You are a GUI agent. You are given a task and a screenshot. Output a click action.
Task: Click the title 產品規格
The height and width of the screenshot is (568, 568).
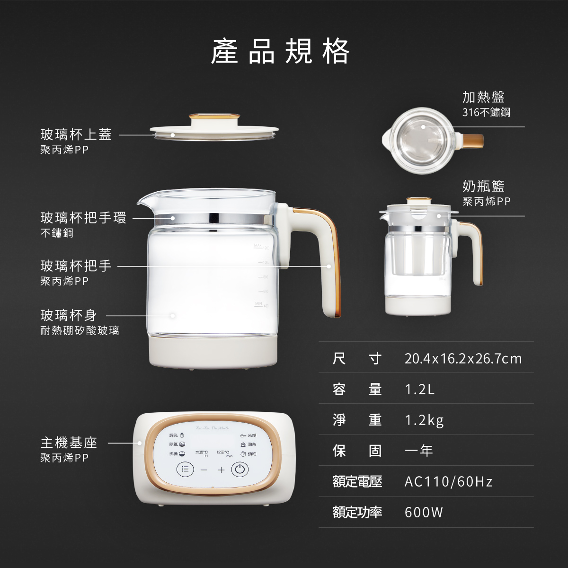[x=280, y=51]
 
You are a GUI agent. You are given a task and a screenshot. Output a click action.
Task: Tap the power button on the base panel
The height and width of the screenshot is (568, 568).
[x=240, y=470]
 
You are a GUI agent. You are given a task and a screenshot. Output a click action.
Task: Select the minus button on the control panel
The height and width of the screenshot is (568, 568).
[x=204, y=470]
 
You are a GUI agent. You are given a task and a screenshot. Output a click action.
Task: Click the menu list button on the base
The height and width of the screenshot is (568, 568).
[x=185, y=470]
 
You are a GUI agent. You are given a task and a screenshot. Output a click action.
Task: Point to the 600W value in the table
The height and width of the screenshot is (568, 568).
[x=424, y=512]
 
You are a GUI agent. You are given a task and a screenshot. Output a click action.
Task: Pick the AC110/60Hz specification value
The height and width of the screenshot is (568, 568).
[x=448, y=482]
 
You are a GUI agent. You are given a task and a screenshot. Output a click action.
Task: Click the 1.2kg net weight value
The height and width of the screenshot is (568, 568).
[x=424, y=420]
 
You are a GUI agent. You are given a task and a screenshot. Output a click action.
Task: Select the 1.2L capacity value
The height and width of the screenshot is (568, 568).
[x=419, y=389]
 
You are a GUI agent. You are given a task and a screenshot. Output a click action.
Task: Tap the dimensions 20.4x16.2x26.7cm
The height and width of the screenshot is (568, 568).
[x=462, y=358]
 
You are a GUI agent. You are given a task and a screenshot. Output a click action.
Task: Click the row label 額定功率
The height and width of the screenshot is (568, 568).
[x=357, y=512]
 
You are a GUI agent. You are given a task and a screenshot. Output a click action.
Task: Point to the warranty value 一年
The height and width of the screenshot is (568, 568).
[x=419, y=451]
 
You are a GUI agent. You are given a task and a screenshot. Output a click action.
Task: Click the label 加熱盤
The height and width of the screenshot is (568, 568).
[x=483, y=97]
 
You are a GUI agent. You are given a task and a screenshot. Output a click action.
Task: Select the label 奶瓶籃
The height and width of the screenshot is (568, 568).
[x=483, y=186]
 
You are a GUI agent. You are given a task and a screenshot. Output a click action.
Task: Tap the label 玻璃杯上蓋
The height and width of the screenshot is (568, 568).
[x=76, y=135]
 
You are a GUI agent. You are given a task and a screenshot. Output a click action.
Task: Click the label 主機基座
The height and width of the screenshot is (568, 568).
[x=69, y=443]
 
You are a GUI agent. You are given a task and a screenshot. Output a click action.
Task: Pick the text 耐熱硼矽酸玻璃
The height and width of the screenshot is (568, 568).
[x=80, y=330]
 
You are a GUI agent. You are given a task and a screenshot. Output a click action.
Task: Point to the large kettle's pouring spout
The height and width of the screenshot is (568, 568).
[x=142, y=201]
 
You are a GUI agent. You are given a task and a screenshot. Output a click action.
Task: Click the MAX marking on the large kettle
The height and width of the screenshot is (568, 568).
[x=258, y=246]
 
